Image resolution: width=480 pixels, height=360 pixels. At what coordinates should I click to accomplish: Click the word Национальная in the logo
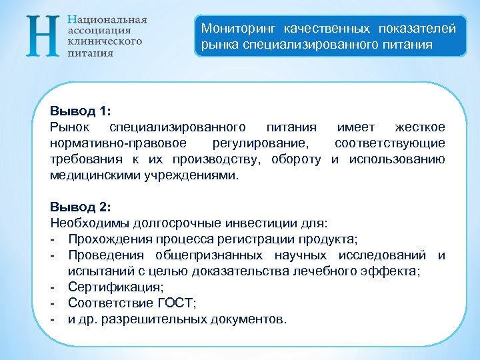107,19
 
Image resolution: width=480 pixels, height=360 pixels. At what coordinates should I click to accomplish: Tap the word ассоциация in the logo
99,30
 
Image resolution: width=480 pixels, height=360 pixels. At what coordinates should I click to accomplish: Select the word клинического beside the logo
105,41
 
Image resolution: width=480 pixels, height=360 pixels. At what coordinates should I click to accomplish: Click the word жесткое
419,127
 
